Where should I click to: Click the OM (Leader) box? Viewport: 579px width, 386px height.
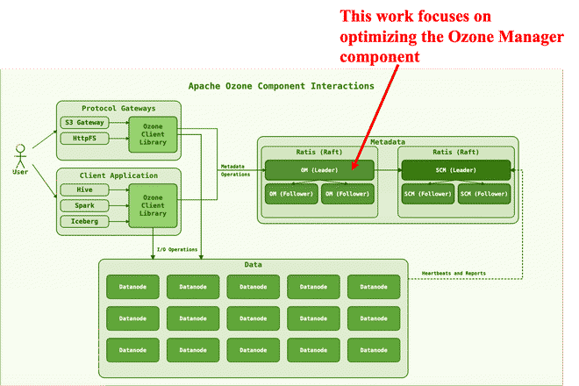(x=319, y=169)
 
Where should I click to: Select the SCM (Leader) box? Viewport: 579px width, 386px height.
(x=454, y=169)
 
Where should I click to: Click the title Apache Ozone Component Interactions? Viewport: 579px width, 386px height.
(x=281, y=86)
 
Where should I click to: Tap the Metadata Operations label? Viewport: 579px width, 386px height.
(x=233, y=170)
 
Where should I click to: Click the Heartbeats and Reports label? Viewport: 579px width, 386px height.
(x=454, y=274)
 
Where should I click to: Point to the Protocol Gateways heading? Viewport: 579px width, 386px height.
(x=118, y=108)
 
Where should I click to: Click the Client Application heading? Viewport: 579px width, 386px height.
(x=118, y=175)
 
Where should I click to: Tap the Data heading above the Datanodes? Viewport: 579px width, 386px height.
(x=253, y=265)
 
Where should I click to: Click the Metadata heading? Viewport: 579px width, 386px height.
(x=388, y=142)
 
